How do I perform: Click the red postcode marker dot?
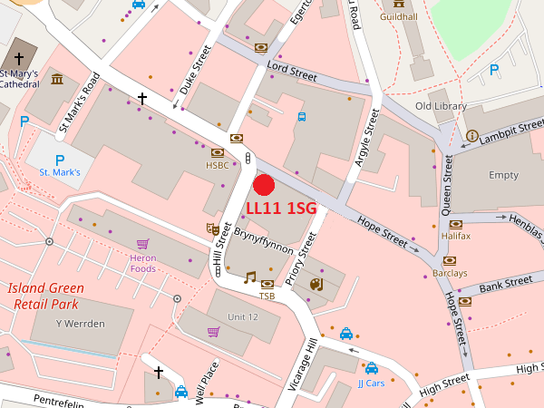tap(264, 185)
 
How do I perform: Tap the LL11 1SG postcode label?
tap(281, 209)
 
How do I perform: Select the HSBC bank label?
tap(218, 166)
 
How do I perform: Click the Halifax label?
tap(456, 236)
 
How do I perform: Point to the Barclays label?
tap(450, 273)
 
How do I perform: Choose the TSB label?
tap(267, 296)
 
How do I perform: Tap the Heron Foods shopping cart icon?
tap(142, 244)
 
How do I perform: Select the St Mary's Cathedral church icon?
tap(19, 57)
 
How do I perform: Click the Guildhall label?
tap(399, 17)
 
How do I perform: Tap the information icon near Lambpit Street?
tap(471, 136)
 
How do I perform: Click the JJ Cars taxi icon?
tap(372, 369)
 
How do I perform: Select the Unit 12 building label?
tap(243, 316)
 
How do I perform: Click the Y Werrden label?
tap(80, 324)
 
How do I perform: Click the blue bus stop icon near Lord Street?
tap(302, 116)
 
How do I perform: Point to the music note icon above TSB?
tap(250, 277)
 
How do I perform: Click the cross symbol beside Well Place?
tap(159, 372)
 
